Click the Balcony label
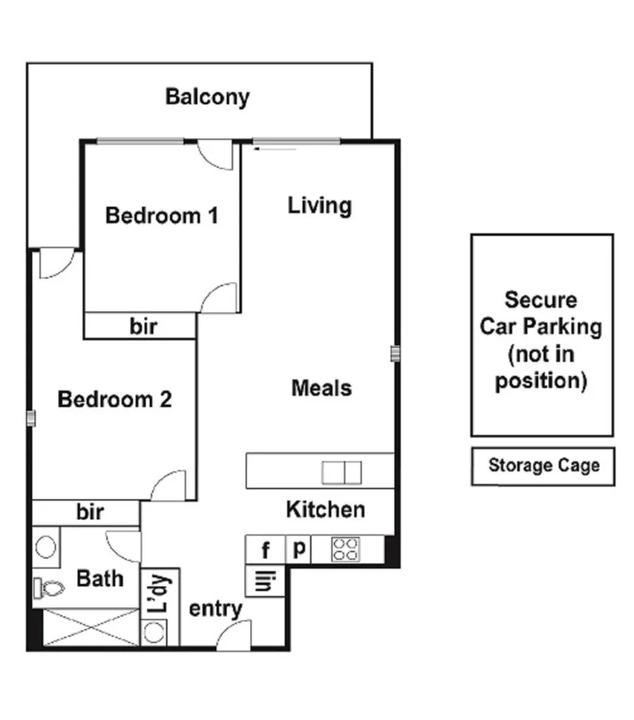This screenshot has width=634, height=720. point(207,97)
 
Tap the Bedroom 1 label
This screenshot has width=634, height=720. point(162,216)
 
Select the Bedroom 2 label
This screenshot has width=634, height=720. point(114,400)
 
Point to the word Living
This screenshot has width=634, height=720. point(319,205)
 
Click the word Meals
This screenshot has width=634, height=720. point(321,388)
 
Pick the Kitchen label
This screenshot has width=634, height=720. point(325,509)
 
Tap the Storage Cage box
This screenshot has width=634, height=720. point(543,466)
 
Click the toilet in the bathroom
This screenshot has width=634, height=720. point(49,589)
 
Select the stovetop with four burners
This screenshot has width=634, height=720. point(345,549)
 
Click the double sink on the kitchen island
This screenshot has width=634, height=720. point(341,472)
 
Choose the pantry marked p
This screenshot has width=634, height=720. point(299,549)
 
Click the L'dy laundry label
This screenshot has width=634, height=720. point(160,593)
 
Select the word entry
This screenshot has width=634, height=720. point(216,610)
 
